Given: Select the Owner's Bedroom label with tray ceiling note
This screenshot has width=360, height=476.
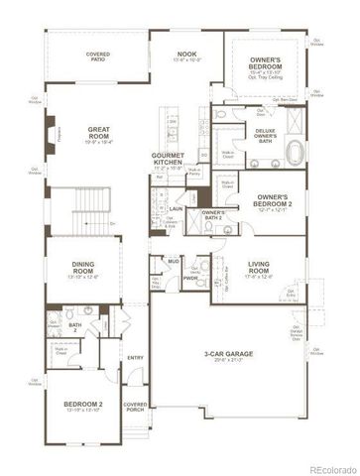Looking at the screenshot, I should coord(265,66).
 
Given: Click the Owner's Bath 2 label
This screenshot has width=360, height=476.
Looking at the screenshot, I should coord(213,216).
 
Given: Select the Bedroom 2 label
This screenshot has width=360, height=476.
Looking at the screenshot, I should coord(83,407).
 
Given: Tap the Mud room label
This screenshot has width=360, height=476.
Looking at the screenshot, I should coord(173,262).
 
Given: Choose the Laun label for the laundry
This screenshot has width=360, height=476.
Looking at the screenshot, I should coord(175,209).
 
